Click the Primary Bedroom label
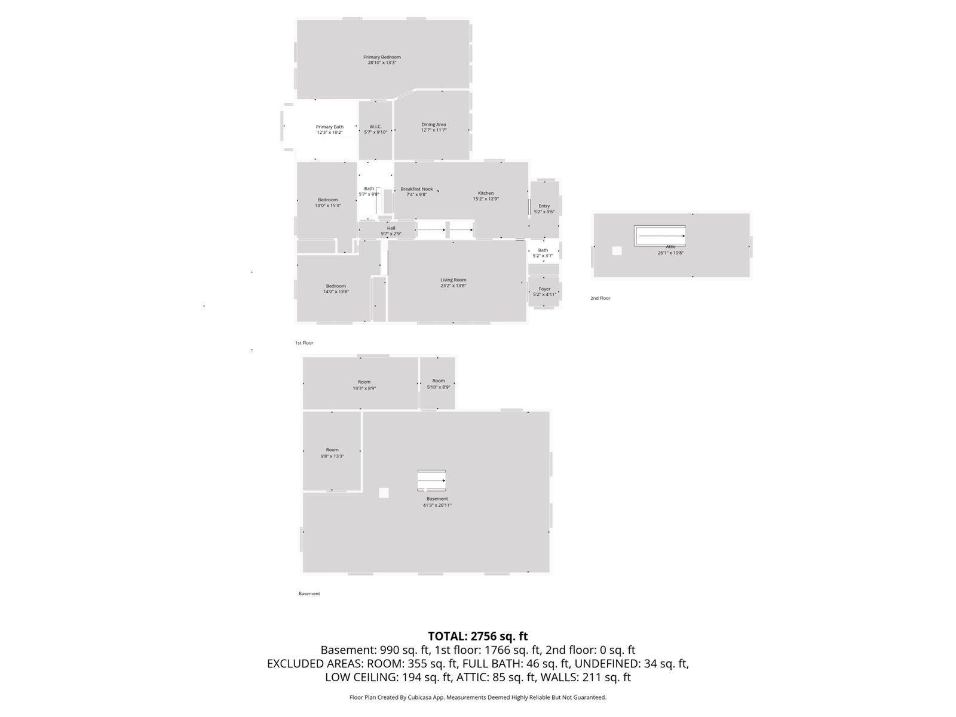coord(382,57)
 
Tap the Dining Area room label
coord(433,125)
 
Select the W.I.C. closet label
coord(375,127)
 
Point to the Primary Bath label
coord(329,127)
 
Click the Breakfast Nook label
coord(416,189)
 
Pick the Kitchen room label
coord(486,193)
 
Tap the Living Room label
coord(454,280)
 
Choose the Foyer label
coord(544,289)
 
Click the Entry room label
coord(544,206)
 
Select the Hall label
coord(391,228)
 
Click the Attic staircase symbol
coord(660,236)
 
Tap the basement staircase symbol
coord(431,480)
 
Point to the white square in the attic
coord(617,251)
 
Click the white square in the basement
coord(384,493)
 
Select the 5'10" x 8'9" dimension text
coord(439,387)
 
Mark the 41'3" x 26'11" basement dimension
coord(437,505)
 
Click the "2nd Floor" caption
coord(600,298)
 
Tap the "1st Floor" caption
coord(304,343)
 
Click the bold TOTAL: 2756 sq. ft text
coord(477,636)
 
